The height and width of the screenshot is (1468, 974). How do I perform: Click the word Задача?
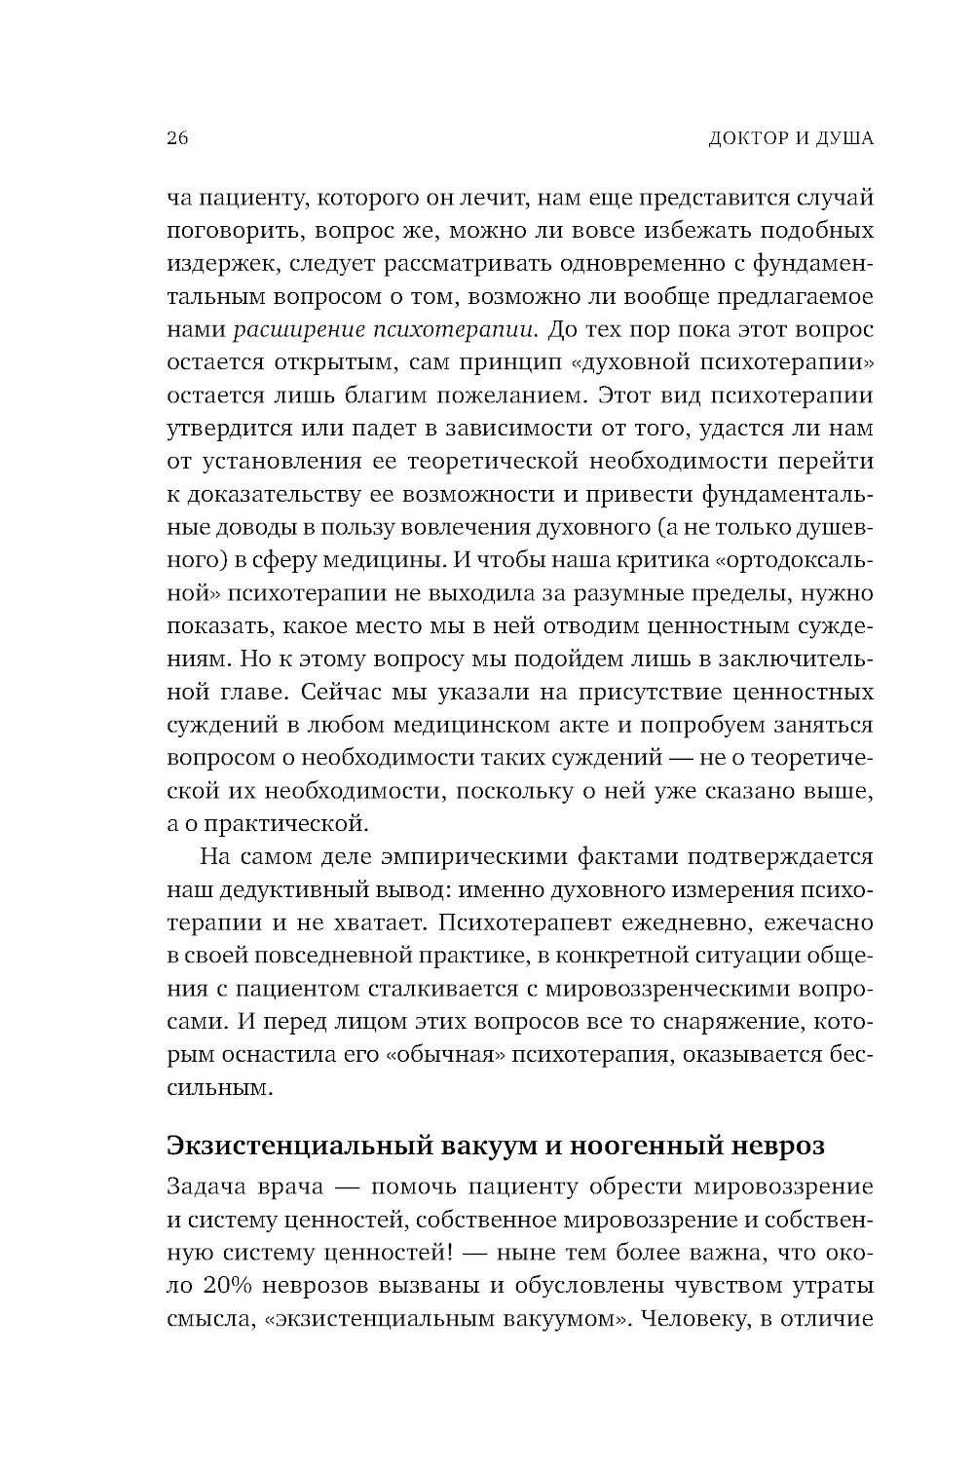(x=202, y=1188)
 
